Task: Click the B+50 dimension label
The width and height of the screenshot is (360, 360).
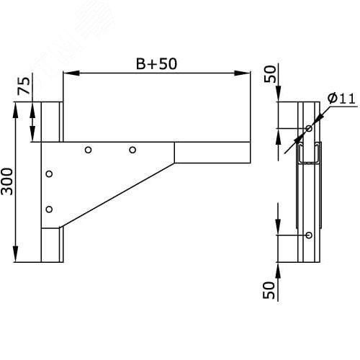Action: click(156, 64)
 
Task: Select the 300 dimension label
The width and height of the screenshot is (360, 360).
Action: click(6, 181)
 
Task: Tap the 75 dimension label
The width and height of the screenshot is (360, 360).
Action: click(24, 86)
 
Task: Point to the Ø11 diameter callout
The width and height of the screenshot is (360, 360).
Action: click(341, 99)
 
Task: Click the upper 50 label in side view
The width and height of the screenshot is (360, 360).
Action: click(270, 74)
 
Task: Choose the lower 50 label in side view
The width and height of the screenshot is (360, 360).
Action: click(269, 290)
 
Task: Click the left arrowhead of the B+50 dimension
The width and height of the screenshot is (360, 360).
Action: click(71, 73)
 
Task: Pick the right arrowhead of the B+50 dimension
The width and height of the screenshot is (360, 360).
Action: click(242, 73)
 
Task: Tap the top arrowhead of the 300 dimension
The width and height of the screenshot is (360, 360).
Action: click(16, 110)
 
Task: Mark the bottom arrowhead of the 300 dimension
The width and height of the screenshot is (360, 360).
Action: click(16, 254)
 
